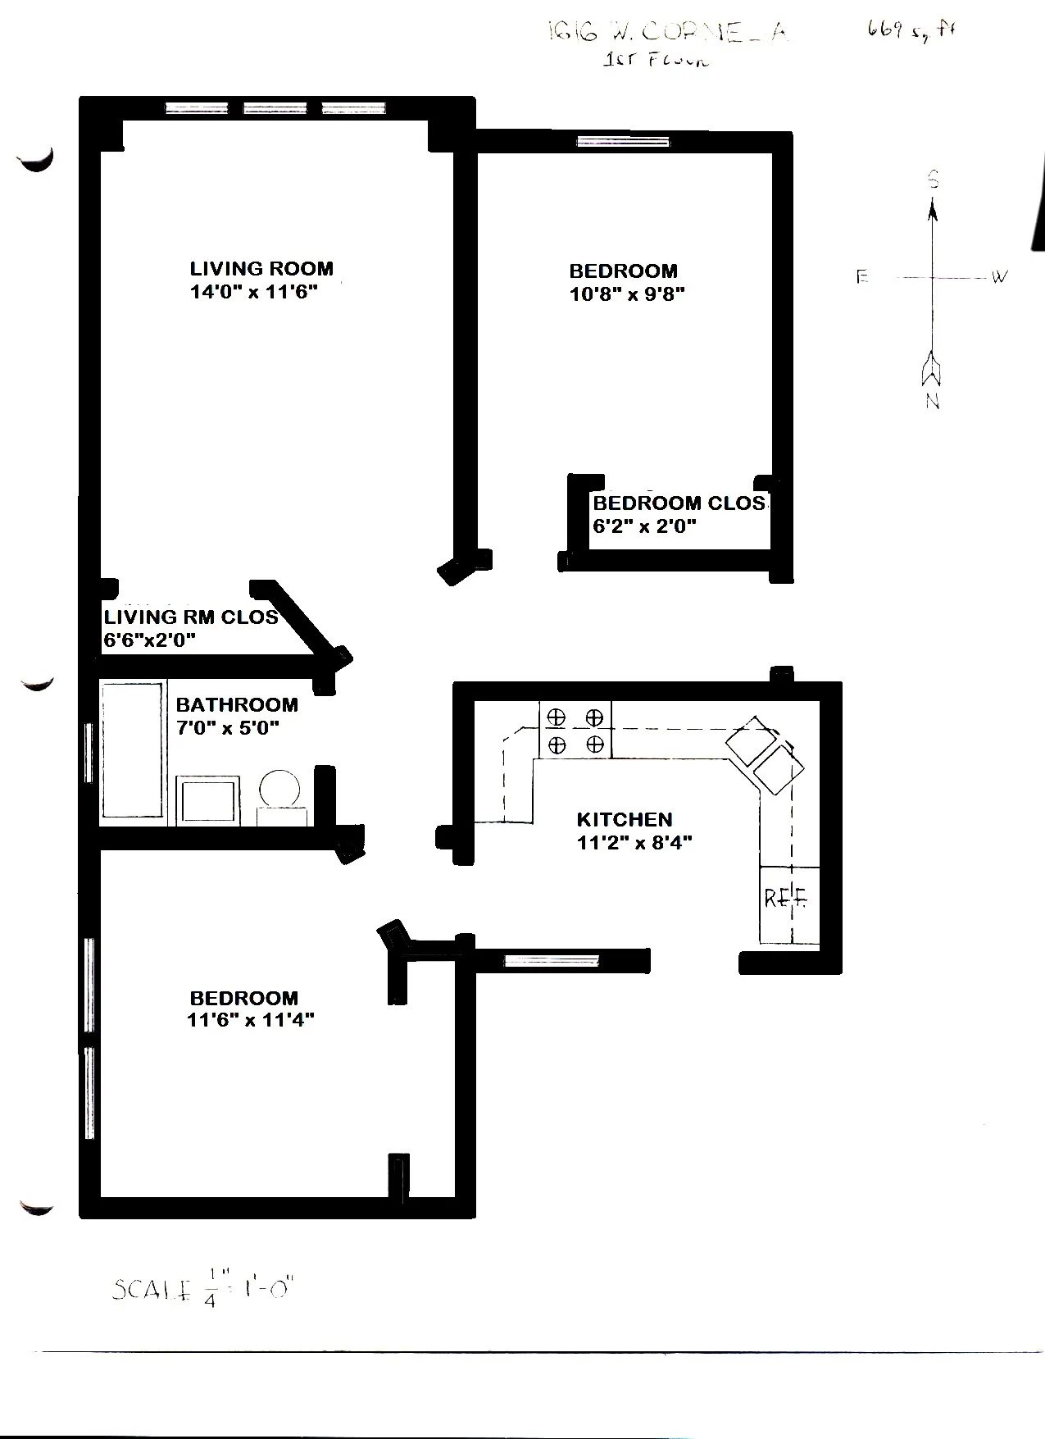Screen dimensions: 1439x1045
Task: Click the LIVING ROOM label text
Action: (x=261, y=269)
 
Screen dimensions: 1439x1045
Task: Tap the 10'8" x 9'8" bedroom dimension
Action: (x=627, y=294)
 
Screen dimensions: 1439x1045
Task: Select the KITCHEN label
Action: (x=625, y=819)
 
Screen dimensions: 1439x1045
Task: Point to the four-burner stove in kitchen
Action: (x=575, y=730)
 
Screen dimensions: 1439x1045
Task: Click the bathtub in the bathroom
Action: (x=132, y=751)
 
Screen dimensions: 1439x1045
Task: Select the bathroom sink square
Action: (x=209, y=799)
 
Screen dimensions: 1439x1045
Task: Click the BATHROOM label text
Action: (x=237, y=704)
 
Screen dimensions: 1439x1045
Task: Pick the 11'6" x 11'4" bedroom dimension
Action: (x=250, y=1020)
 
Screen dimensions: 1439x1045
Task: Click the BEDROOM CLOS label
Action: (x=679, y=503)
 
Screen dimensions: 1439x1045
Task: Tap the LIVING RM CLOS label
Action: (x=191, y=617)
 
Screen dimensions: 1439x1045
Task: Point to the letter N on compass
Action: (x=933, y=402)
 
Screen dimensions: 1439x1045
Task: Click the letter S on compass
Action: (x=933, y=180)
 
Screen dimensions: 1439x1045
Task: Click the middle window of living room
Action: (x=275, y=108)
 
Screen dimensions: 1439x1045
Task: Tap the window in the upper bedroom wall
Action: (x=623, y=142)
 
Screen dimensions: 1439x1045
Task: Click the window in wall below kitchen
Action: (x=551, y=961)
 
